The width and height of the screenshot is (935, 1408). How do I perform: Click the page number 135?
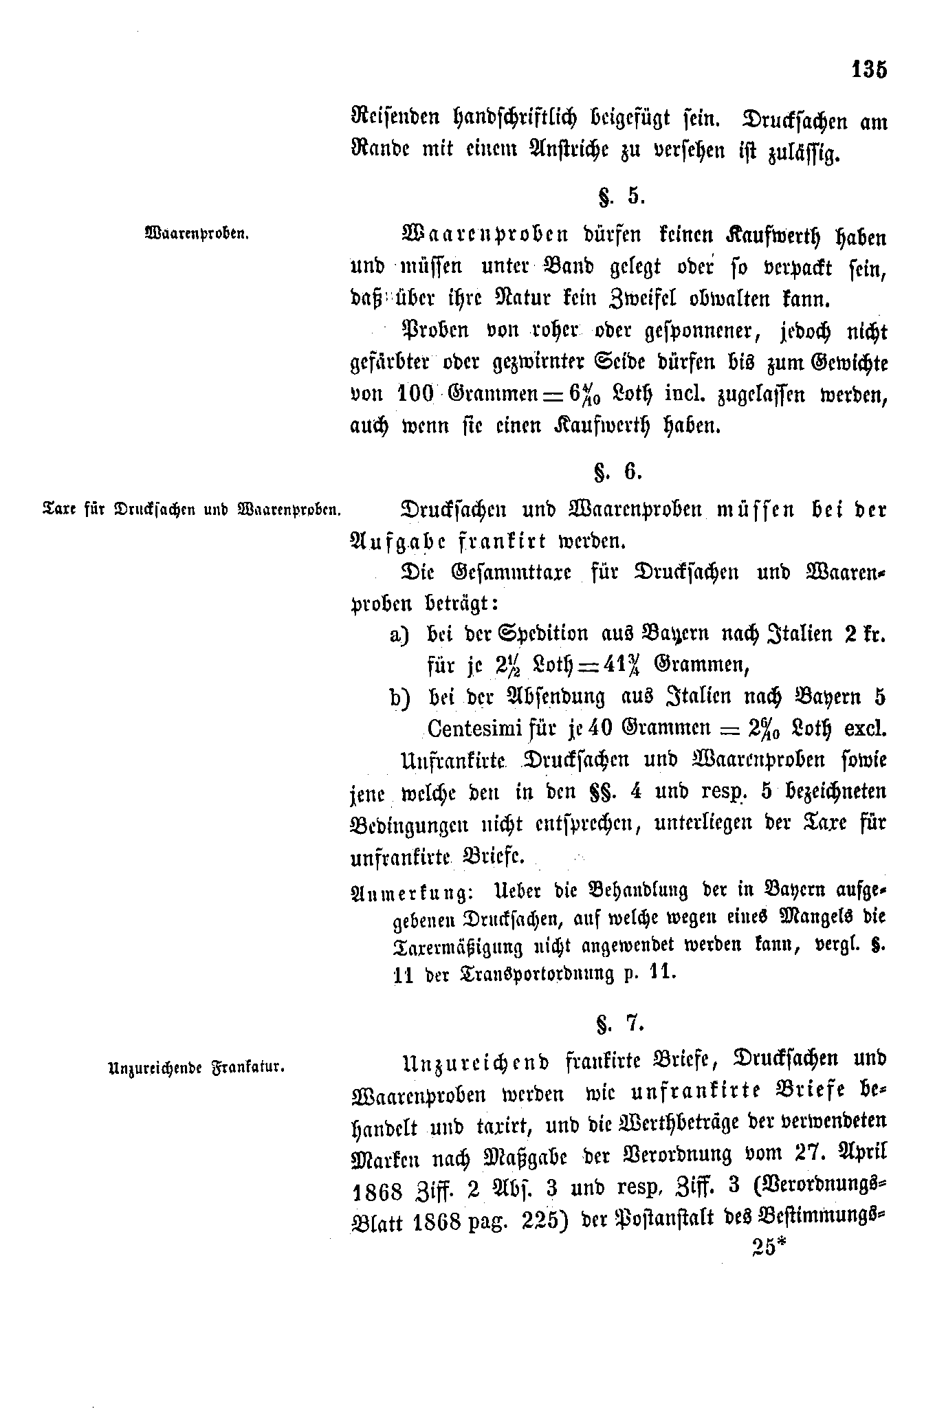(x=869, y=70)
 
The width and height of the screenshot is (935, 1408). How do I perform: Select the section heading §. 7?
(x=620, y=1024)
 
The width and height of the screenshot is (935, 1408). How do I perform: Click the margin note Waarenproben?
(x=197, y=233)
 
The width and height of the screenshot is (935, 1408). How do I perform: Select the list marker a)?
(x=399, y=634)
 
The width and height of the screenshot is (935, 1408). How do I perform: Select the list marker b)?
(x=399, y=697)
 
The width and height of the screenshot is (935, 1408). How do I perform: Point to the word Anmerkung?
(x=410, y=892)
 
